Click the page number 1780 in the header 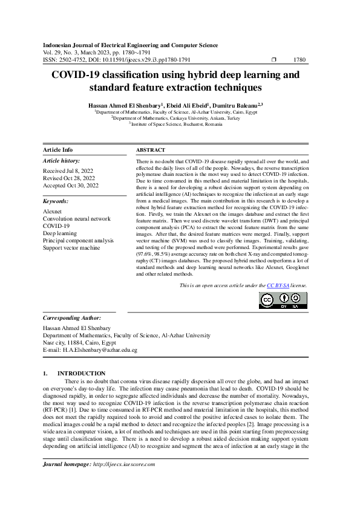(x=299, y=60)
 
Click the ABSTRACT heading (x=150, y=150)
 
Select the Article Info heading (x=58, y=150)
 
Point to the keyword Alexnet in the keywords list (x=52, y=212)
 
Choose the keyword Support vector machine (x=71, y=248)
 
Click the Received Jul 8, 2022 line (x=68, y=171)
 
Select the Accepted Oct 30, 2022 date (x=70, y=186)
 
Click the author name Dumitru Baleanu (x=236, y=105)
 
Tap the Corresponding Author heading (x=71, y=317)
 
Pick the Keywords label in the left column (x=56, y=201)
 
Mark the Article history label (x=61, y=161)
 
